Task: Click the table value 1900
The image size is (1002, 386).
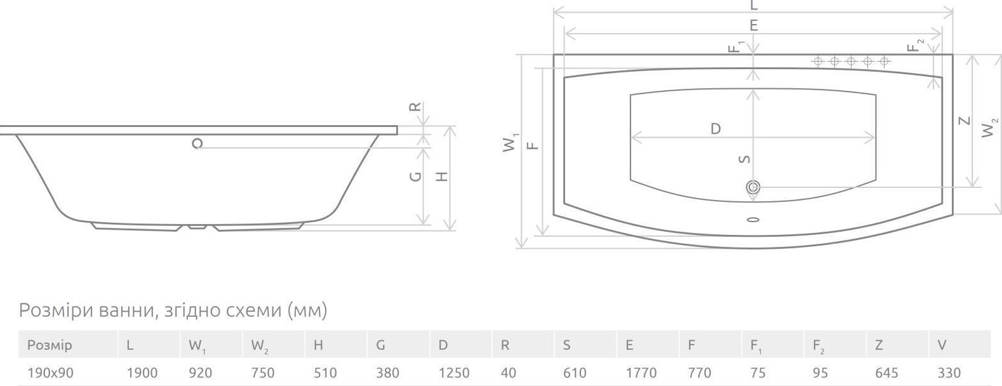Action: [x=142, y=373]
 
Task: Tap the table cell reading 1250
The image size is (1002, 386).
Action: [x=453, y=373]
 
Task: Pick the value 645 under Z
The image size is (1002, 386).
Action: [x=886, y=373]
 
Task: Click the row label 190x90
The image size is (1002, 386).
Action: [x=50, y=373]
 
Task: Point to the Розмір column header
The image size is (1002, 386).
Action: [x=50, y=345]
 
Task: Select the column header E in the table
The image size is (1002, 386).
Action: [x=629, y=345]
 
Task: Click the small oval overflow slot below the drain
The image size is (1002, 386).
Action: [x=754, y=219]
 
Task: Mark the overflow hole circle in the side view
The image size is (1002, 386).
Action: [x=198, y=143]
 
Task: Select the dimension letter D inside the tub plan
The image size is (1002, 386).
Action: [x=716, y=129]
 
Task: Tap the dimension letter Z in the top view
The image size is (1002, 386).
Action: [x=965, y=121]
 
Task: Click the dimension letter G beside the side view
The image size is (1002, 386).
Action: [x=416, y=176]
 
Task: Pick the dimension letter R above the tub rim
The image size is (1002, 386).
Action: [x=415, y=107]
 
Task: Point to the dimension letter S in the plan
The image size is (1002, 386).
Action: [x=745, y=159]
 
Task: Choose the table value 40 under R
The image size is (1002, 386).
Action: [x=508, y=373]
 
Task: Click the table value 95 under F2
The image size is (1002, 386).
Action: [x=820, y=373]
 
